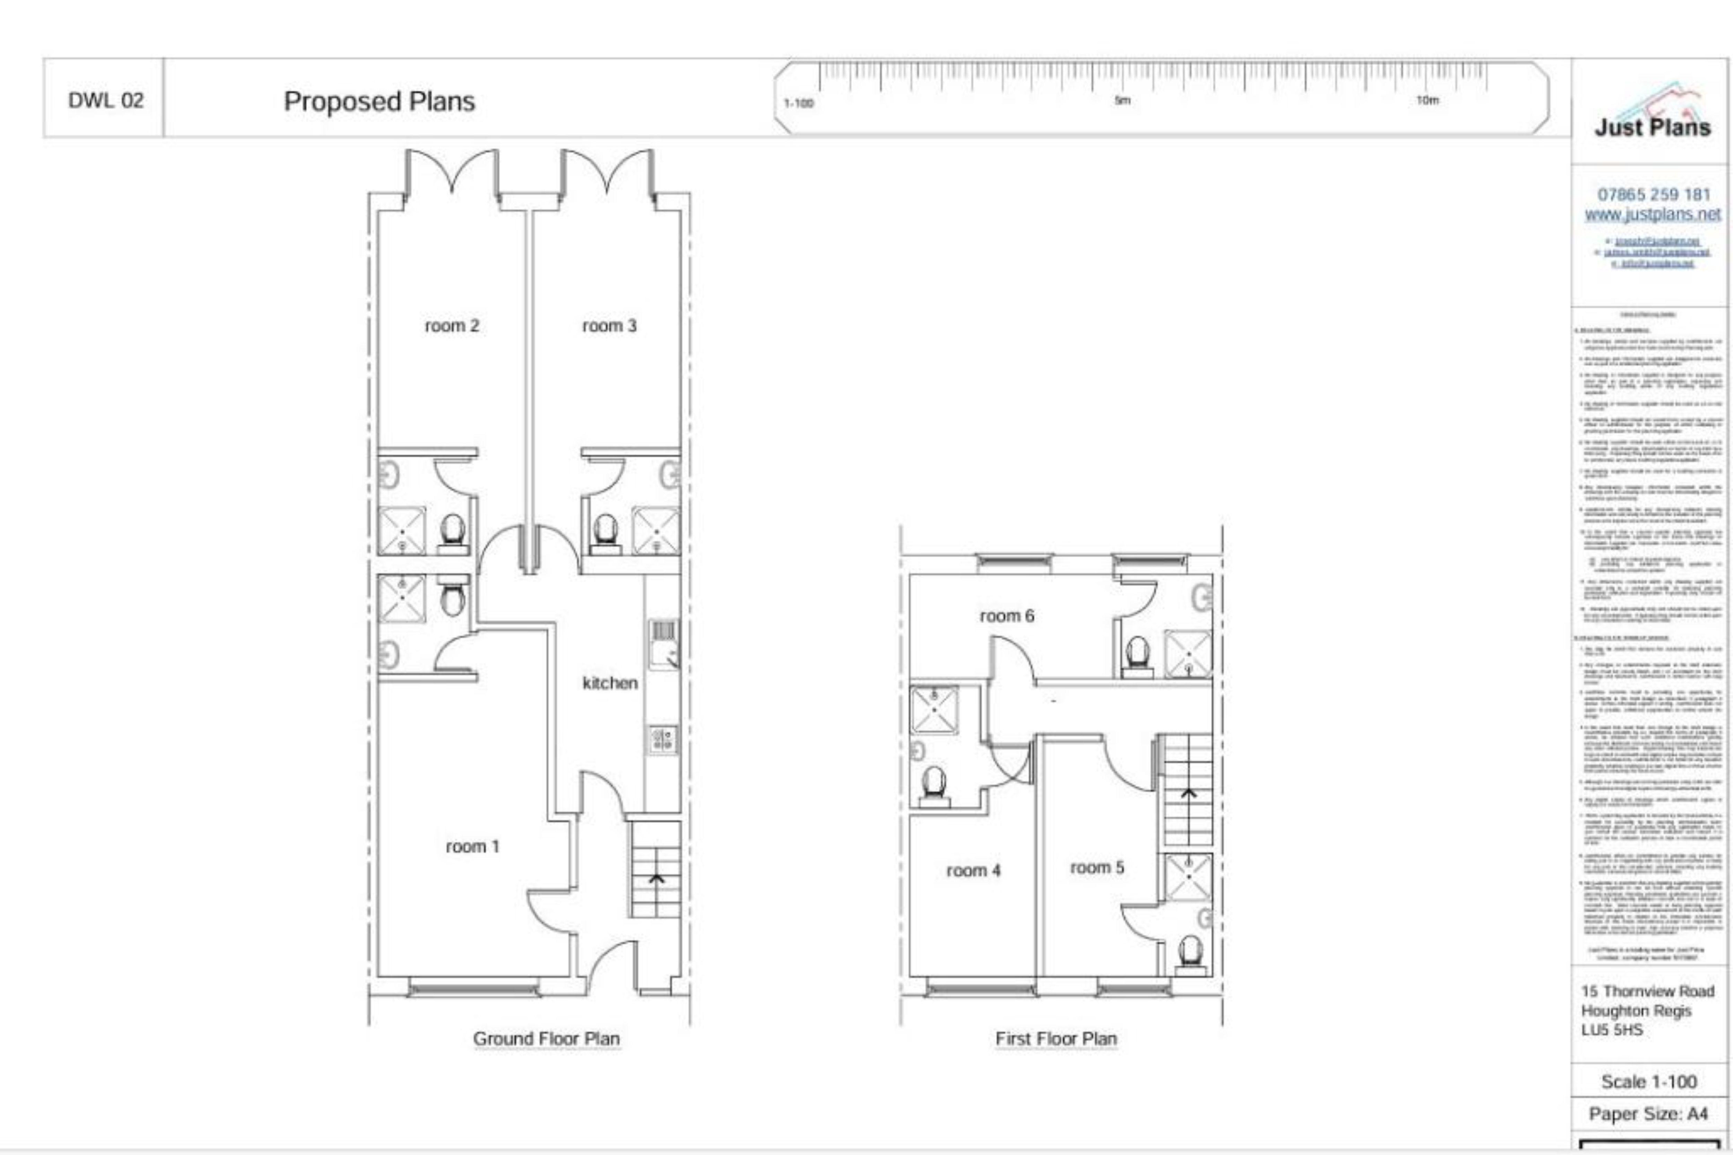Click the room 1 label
[x=472, y=846]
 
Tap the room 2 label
[x=452, y=326]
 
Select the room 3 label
[x=609, y=326]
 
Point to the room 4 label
[x=973, y=871]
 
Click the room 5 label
[x=1097, y=868]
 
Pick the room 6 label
[x=1007, y=616]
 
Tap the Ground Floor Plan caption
[x=546, y=1039]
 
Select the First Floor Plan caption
[x=1056, y=1039]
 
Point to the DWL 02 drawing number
[x=105, y=100]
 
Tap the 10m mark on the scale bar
[x=1427, y=100]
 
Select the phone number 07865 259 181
[x=1653, y=194]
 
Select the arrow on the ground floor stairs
[x=656, y=879]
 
